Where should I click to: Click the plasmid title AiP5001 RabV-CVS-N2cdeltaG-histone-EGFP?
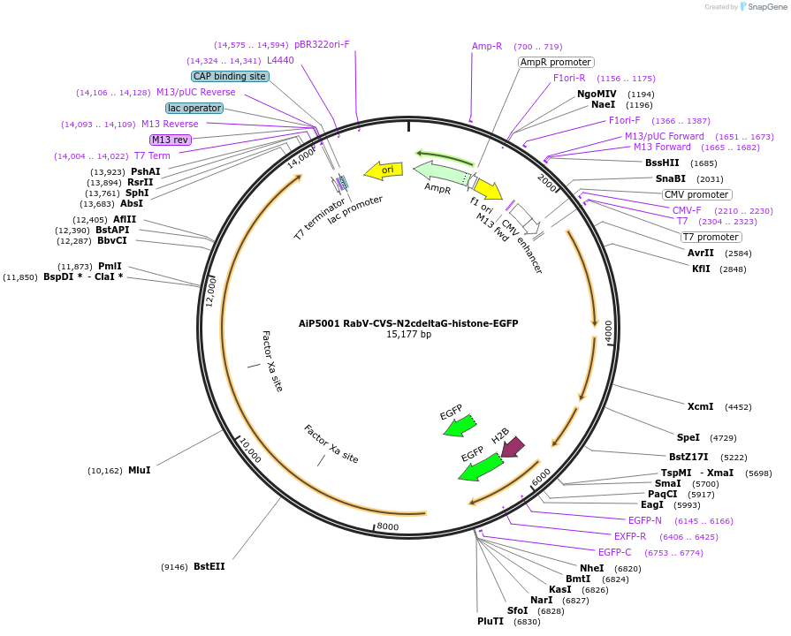[x=407, y=323]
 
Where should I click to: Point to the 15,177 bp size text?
[x=408, y=335]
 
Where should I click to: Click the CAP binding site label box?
[x=230, y=77]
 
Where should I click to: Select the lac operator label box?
[x=194, y=108]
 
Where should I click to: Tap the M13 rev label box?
[x=171, y=140]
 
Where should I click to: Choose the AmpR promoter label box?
[x=556, y=63]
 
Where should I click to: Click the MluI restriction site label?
[x=139, y=470]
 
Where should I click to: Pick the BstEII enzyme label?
[x=209, y=566]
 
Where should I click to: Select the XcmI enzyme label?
[x=700, y=406]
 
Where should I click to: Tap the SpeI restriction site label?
[x=688, y=437]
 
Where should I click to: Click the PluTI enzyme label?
[x=491, y=622]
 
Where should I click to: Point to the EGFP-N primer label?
[x=644, y=520]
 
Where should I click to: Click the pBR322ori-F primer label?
[x=322, y=44]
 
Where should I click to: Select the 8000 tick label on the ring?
[x=389, y=527]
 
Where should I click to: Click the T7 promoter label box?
[x=711, y=237]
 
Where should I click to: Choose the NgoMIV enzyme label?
[x=597, y=94]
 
